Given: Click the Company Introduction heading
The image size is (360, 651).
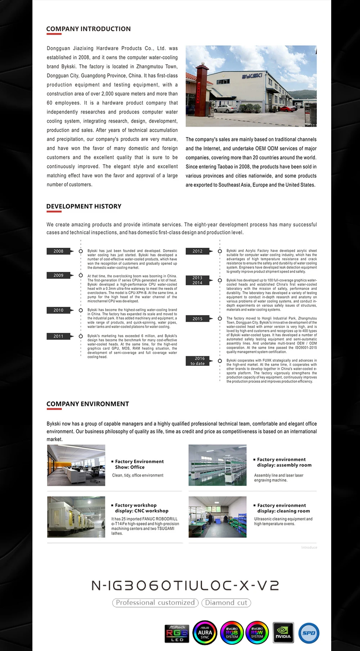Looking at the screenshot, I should (88, 29).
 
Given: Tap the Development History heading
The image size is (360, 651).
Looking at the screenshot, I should (84, 206).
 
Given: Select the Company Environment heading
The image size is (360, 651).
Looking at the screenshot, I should (87, 404).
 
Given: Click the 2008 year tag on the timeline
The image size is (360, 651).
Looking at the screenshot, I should (58, 251).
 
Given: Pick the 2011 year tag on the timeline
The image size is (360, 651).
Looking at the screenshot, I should (58, 336).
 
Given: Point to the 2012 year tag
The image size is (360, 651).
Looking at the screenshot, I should (197, 251).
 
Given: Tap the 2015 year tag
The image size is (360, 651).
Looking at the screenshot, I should (197, 319).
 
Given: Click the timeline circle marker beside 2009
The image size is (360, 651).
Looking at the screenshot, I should (81, 275).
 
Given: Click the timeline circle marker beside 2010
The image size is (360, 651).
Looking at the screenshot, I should (81, 310).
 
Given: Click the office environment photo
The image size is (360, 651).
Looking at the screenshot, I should (76, 465).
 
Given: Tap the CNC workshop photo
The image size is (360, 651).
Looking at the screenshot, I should (76, 517).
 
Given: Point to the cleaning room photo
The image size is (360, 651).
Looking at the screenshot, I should (217, 517).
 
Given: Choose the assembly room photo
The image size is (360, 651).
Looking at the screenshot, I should (217, 465).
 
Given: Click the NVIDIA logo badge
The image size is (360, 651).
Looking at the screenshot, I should (283, 633).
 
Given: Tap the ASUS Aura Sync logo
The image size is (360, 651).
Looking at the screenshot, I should (205, 633).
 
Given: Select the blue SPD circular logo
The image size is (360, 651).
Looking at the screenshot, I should (309, 633).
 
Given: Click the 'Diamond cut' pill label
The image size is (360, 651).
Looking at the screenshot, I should (226, 603).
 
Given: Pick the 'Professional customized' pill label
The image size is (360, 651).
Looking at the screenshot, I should (155, 603).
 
